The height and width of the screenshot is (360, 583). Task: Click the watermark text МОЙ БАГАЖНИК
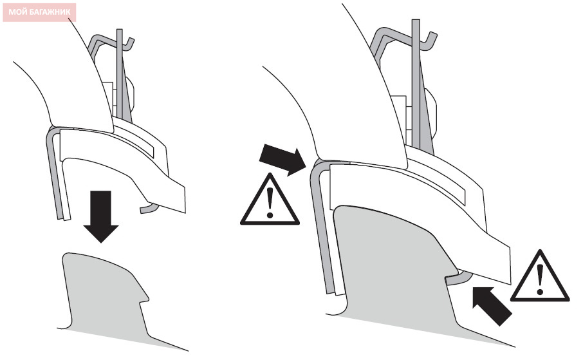pyautogui.click(x=39, y=12)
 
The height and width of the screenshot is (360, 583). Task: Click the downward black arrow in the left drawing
pyautogui.click(x=101, y=216)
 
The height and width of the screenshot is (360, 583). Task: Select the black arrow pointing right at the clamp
pyautogui.click(x=282, y=159)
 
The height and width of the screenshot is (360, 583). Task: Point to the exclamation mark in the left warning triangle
pyautogui.click(x=270, y=203)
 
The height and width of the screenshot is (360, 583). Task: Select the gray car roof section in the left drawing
pyautogui.click(x=104, y=294)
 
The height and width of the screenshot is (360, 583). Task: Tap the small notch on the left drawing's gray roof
pyautogui.click(x=144, y=299)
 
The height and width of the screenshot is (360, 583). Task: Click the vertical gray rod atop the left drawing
pyautogui.click(x=119, y=75)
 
